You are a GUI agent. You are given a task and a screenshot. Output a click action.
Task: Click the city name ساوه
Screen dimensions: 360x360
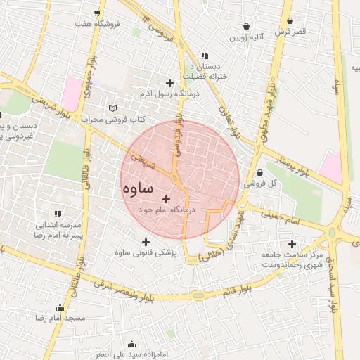[138, 189]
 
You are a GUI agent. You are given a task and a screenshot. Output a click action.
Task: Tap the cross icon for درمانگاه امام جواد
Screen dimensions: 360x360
[166, 199]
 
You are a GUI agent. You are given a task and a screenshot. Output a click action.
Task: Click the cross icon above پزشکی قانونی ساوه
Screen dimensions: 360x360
[146, 241]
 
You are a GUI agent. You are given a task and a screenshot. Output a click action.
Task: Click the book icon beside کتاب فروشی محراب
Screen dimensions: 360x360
[113, 108]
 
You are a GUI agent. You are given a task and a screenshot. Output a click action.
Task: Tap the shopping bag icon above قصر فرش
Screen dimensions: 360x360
[290, 20]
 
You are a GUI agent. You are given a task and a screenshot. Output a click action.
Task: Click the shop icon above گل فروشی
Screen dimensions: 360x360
[260, 172]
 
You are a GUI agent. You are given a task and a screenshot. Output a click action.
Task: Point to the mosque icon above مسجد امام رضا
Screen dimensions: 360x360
[60, 307]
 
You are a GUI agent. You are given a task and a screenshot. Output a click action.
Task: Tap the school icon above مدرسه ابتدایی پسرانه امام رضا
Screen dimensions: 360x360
[58, 214]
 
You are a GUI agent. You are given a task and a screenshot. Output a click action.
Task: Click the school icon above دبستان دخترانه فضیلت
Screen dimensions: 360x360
[205, 56]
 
